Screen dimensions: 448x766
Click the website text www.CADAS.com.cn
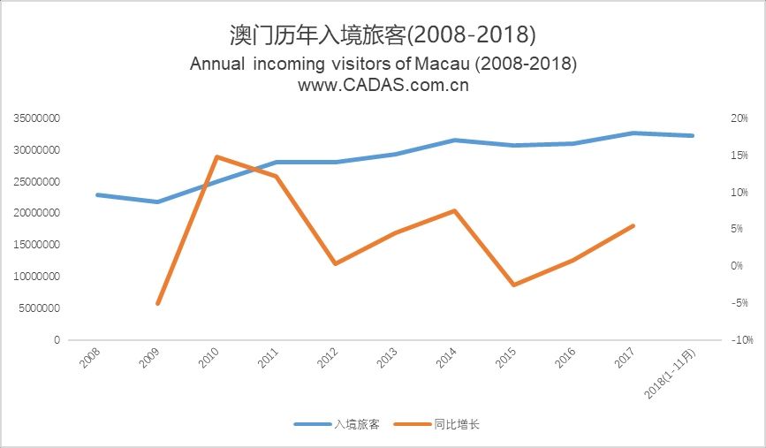point(383,86)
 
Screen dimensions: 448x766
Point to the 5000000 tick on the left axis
point(35,308)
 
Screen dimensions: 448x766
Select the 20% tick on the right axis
point(714,118)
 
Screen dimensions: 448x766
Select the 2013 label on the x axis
point(388,357)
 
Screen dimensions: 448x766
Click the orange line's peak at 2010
point(217,157)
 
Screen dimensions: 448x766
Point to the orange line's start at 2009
point(158,303)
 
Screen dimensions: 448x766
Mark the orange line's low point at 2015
point(514,285)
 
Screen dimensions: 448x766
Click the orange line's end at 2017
point(633,226)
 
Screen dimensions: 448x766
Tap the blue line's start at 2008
point(98,194)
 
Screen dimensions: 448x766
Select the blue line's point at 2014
point(455,140)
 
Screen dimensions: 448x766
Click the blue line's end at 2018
point(693,135)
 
